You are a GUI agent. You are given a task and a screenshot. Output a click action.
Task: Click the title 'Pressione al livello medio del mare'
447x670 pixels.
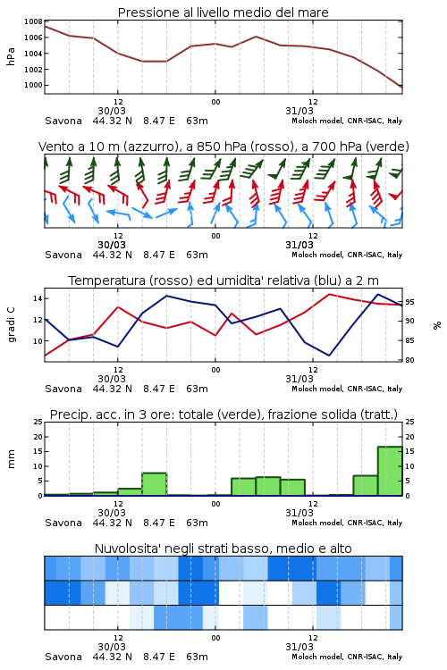tap(223, 13)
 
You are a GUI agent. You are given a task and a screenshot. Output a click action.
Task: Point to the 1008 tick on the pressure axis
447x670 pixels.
tap(33, 21)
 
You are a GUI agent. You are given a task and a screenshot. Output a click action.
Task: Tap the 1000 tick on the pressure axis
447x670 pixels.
tap(33, 85)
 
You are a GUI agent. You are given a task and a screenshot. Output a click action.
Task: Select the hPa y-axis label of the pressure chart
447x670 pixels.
tap(11, 56)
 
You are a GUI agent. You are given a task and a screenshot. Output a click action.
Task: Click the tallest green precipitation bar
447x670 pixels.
tap(390, 471)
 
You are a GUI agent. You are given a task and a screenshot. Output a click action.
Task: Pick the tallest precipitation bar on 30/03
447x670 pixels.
tap(154, 484)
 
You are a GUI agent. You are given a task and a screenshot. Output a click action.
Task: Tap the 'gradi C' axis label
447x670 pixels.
tap(11, 325)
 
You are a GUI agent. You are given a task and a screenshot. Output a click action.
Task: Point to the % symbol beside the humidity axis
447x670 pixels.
tap(437, 325)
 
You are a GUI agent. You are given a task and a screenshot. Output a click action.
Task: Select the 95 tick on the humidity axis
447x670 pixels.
tap(409, 302)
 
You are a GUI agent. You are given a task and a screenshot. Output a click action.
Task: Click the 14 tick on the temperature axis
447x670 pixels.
tap(38, 298)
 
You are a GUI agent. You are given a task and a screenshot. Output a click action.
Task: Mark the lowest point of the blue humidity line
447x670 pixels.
tap(329, 356)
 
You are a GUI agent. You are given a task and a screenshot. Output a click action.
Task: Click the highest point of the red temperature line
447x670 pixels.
tap(329, 294)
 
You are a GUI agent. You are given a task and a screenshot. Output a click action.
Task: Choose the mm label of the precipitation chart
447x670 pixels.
tap(11, 459)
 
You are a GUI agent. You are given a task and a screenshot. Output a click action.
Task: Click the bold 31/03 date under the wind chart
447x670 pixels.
tap(299, 245)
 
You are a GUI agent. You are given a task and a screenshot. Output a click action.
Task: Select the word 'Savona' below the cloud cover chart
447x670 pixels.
tap(63, 657)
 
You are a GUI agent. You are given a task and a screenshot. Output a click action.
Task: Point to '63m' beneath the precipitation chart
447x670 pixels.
tap(198, 523)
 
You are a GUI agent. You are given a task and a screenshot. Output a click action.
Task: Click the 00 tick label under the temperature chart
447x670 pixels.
tap(215, 370)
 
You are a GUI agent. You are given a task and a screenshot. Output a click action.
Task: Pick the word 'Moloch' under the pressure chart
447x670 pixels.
tap(304, 121)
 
